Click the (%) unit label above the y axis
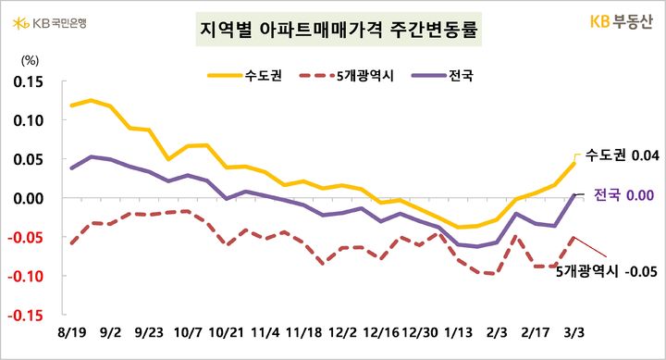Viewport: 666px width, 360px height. (x=30, y=60)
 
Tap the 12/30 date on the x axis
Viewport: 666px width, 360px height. (x=420, y=331)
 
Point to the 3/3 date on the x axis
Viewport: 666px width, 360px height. (x=574, y=331)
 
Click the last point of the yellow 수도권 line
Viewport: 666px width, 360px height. (x=573, y=164)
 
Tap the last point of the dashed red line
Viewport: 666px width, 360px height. (x=573, y=237)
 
